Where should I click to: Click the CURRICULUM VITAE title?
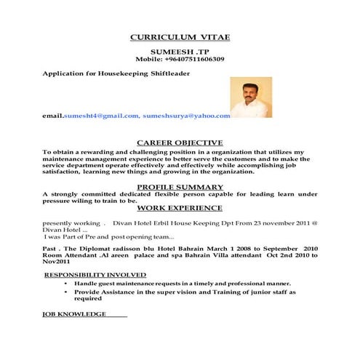click(180, 37)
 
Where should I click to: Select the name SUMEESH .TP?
click(180, 52)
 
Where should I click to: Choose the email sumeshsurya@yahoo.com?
click(187, 116)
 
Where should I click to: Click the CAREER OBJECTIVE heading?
click(180, 142)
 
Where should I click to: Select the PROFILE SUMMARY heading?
click(180, 187)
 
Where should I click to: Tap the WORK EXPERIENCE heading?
click(180, 208)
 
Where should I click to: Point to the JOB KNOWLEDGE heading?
click(75, 313)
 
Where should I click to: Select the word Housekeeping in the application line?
click(123, 73)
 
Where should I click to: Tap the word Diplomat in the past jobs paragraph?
click(92, 249)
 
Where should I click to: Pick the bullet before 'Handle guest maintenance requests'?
click(65, 283)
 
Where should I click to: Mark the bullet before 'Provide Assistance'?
click(65, 292)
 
